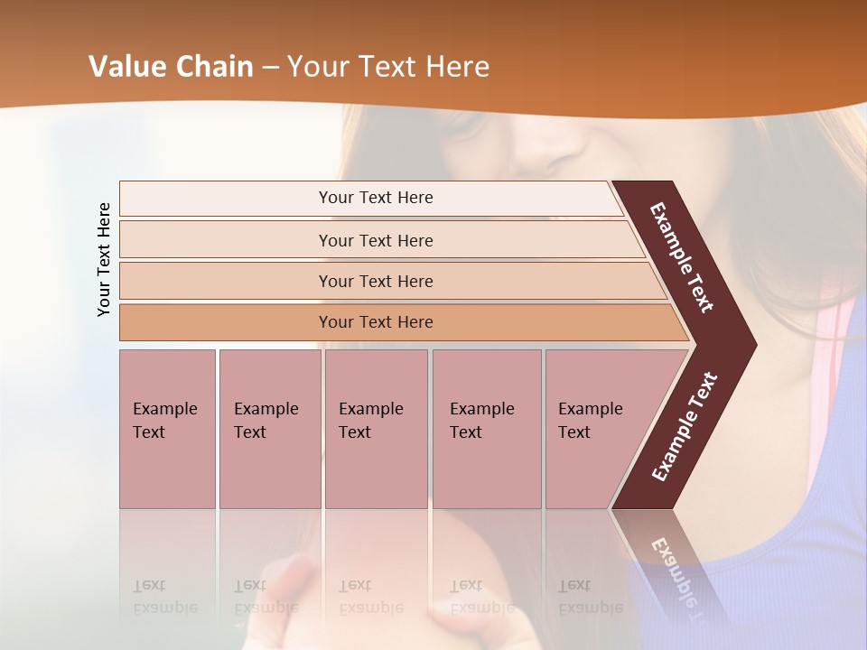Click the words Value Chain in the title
[171, 67]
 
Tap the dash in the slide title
[270, 68]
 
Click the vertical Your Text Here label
[104, 259]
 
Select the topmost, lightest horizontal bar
[375, 198]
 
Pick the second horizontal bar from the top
[375, 240]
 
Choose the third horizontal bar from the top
[375, 281]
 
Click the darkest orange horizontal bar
[375, 322]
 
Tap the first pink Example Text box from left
[167, 428]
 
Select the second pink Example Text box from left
[269, 428]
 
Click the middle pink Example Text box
[376, 428]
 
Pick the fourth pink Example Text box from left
[486, 428]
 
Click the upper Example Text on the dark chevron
[683, 257]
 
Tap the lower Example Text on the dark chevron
[685, 426]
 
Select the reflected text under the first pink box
[165, 597]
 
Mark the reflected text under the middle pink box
[371, 597]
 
